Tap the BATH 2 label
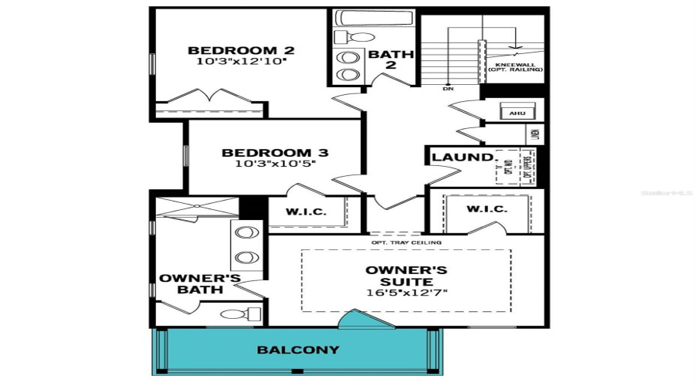tap(391, 60)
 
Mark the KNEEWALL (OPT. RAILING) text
tap(515, 67)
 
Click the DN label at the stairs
tap(447, 89)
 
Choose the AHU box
tap(516, 113)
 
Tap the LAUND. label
tap(462, 157)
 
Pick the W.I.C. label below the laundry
tap(486, 209)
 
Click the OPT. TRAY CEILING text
tap(406, 242)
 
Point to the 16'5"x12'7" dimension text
tap(406, 293)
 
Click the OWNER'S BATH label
tap(199, 283)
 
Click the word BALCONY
tap(298, 350)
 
